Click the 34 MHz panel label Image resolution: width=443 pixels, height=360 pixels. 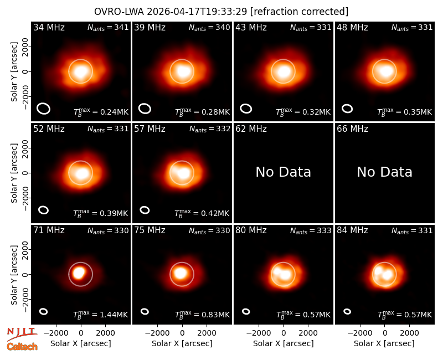click(x=49, y=27)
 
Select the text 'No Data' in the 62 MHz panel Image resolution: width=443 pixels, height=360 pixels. click(x=283, y=172)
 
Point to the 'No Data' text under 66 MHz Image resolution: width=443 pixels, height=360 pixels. click(x=384, y=172)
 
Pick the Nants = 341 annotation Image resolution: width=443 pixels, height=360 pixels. click(x=108, y=27)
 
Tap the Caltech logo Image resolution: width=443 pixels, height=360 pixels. click(x=22, y=347)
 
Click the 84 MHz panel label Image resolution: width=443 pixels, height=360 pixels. click(x=352, y=230)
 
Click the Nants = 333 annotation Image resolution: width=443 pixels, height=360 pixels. click(x=311, y=230)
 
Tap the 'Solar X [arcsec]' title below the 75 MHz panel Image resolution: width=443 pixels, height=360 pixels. click(x=182, y=343)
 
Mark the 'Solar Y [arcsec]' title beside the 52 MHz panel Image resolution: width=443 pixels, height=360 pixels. click(x=14, y=173)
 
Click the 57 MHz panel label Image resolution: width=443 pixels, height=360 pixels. click(x=150, y=129)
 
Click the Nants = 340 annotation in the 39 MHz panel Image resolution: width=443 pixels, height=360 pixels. click(x=209, y=27)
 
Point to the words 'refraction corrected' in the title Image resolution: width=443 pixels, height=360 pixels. click(x=300, y=12)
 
